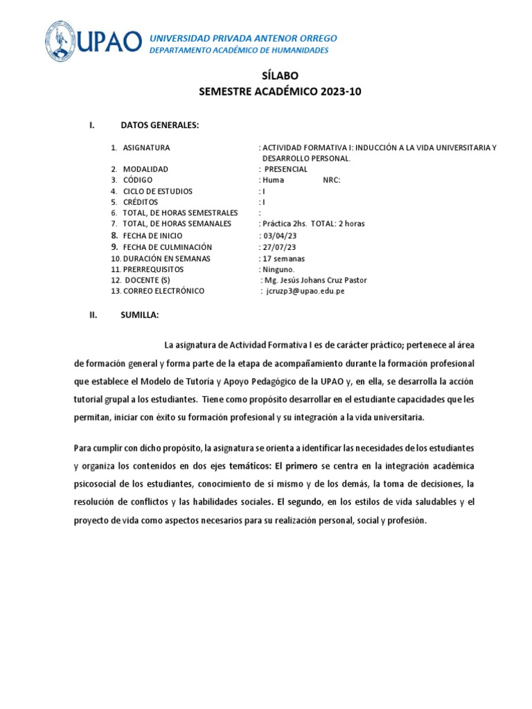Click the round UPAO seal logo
[x=62, y=42]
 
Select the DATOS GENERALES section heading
[x=159, y=125]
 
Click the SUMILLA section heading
[x=139, y=315]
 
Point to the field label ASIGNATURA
[x=146, y=147]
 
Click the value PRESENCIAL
[x=285, y=169]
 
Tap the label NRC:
[x=332, y=180]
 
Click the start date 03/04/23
[x=281, y=235]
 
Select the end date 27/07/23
[x=281, y=247]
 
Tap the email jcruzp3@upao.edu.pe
[x=305, y=291]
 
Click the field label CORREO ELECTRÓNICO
[x=163, y=291]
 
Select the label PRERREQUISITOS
[x=153, y=269]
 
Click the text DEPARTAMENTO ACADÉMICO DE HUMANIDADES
[x=239, y=51]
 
